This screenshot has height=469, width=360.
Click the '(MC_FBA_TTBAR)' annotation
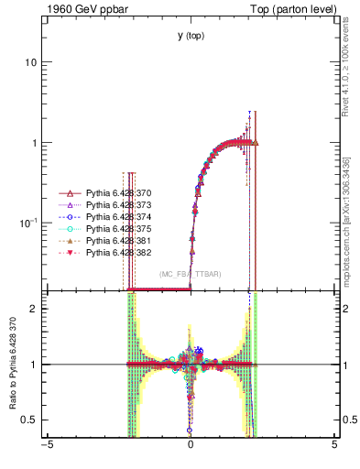[x=191, y=274]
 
